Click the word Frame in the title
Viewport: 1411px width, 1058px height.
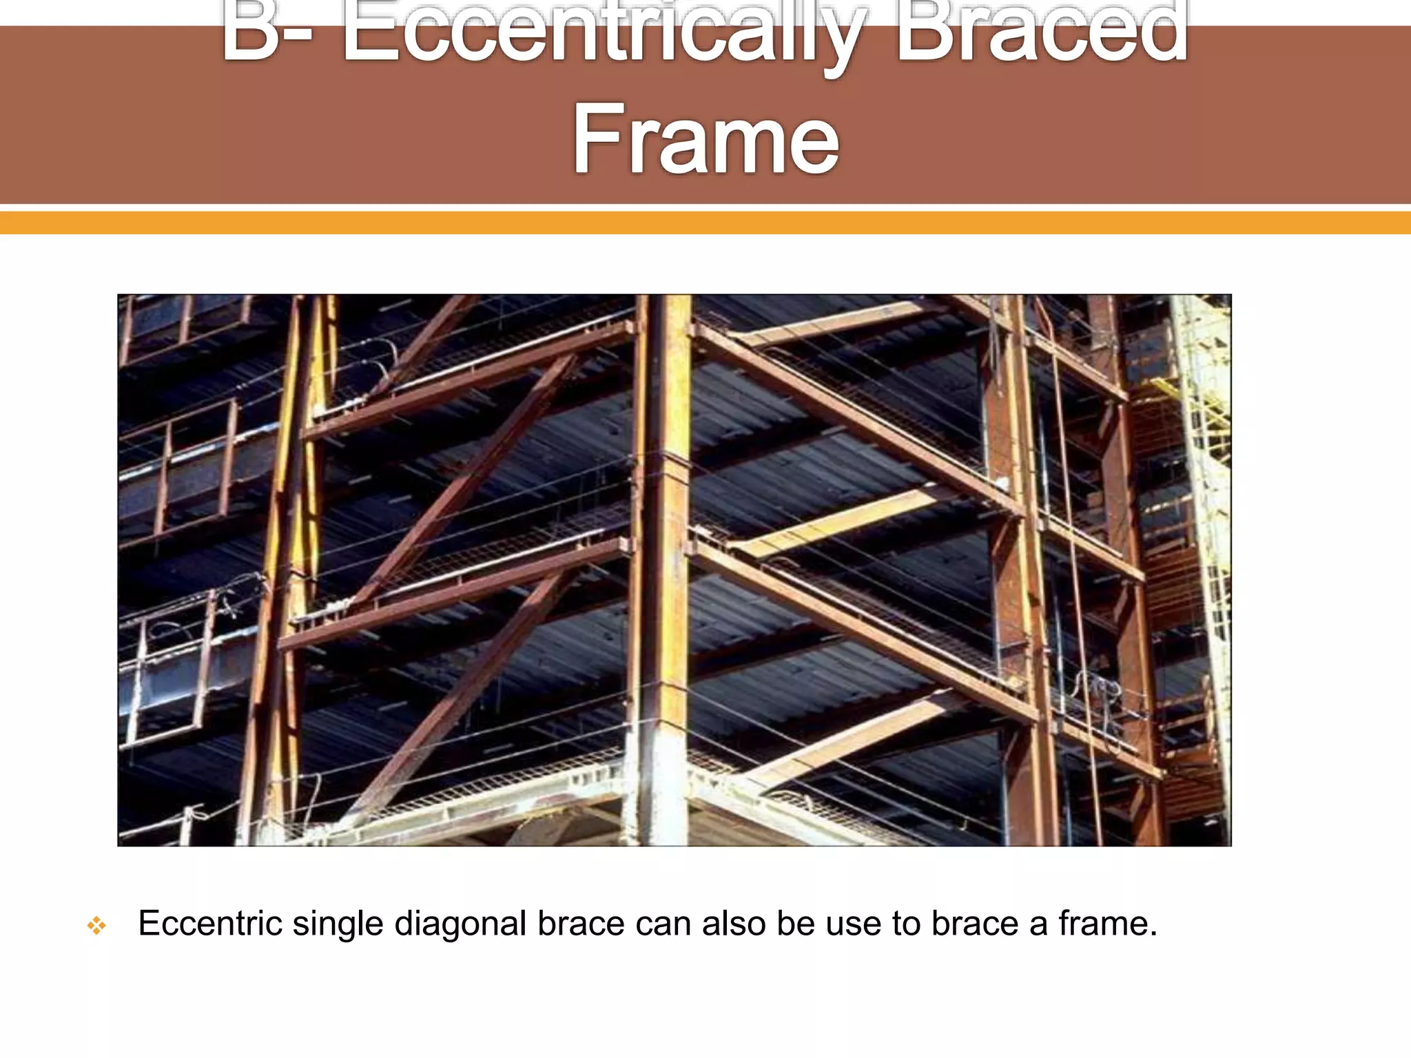tap(705, 138)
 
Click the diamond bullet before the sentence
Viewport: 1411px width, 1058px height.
tap(96, 926)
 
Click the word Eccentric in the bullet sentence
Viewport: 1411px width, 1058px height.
tap(210, 924)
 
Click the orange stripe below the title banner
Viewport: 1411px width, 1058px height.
tap(705, 222)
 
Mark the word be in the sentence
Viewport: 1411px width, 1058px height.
tap(796, 924)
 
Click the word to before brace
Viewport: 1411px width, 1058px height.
tap(906, 924)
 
